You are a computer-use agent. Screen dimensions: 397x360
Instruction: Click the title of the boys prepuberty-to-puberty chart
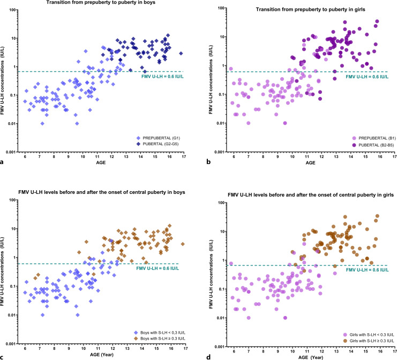point(101,3)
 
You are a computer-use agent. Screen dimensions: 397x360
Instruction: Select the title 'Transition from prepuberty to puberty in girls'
point(310,10)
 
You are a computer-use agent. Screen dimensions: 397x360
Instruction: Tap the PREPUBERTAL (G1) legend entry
point(158,138)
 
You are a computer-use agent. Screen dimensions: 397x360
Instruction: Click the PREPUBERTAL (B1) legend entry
point(374,138)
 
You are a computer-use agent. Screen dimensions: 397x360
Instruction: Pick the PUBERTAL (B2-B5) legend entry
point(373,145)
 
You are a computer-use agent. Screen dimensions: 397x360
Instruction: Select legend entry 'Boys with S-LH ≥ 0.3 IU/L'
point(160,339)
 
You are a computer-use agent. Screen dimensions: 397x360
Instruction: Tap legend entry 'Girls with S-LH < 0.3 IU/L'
point(369,335)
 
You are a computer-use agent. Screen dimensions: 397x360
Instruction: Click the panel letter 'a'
point(2,162)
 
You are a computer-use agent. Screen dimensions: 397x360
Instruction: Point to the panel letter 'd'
point(208,357)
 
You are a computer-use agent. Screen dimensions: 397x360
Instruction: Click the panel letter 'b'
point(208,161)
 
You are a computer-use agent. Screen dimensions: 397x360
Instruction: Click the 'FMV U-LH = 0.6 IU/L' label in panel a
point(162,77)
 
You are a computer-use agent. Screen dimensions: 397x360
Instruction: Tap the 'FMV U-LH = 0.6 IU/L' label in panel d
point(367,270)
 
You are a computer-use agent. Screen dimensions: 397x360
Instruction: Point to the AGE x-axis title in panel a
point(101,162)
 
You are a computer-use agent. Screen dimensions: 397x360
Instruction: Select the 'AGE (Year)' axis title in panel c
point(102,355)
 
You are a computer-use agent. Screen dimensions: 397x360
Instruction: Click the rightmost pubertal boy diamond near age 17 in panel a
point(181,54)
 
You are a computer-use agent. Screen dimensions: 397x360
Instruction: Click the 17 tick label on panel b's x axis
point(394,157)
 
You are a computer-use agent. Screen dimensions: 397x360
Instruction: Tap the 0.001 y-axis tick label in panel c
point(11,344)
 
